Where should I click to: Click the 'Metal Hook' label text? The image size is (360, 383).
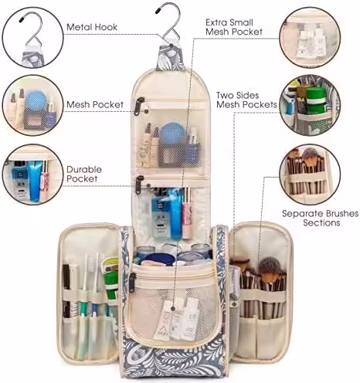pyautogui.click(x=92, y=27)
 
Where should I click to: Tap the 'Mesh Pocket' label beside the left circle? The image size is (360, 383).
pyautogui.click(x=95, y=104)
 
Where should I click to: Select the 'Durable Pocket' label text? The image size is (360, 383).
pyautogui.click(x=84, y=174)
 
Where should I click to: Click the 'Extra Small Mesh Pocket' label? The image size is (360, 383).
pyautogui.click(x=234, y=27)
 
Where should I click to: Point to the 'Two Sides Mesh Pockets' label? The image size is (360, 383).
pyautogui.click(x=246, y=100)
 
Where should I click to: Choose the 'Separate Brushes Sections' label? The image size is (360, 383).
pyautogui.click(x=320, y=218)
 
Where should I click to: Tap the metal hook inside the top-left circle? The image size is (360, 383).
pyautogui.click(x=32, y=29)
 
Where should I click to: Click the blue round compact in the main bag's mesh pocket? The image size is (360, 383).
pyautogui.click(x=170, y=133)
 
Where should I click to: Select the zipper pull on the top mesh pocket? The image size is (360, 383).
pyautogui.click(x=140, y=106)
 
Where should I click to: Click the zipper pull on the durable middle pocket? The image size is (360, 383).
pyautogui.click(x=139, y=185)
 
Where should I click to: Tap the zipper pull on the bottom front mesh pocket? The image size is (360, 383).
pyautogui.click(x=132, y=283)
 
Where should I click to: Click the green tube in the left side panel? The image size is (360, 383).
pyautogui.click(x=110, y=280)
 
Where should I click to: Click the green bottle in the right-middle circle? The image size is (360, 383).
pyautogui.click(x=316, y=100)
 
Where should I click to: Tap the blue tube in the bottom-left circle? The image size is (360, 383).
pyautogui.click(x=35, y=181)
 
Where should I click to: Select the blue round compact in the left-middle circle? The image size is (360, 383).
pyautogui.click(x=36, y=100)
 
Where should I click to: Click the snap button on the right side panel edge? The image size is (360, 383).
pyautogui.click(x=234, y=304)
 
